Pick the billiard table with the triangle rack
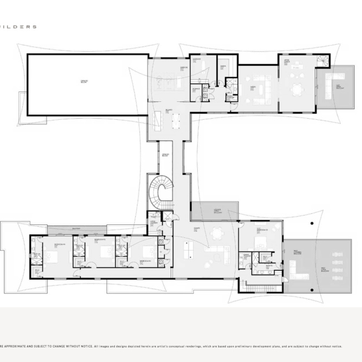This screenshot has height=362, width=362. click(x=177, y=119)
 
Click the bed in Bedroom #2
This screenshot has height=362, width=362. click(x=260, y=243)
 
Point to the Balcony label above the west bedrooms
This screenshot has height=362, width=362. click(x=76, y=228)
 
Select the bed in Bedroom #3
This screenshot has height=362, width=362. click(x=146, y=252)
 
